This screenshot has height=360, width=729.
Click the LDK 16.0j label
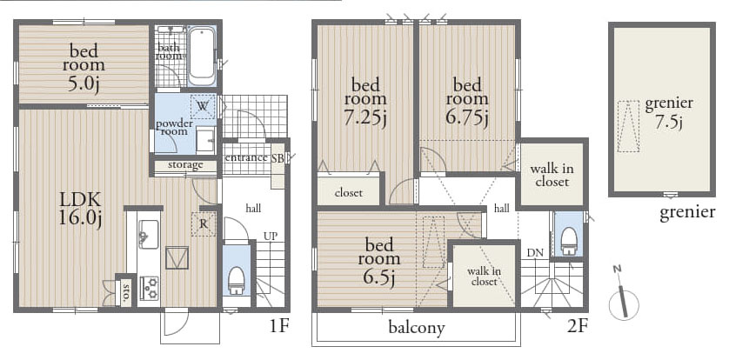tap(80, 209)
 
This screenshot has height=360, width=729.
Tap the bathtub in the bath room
tap(202, 56)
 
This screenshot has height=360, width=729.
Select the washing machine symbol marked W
tap(203, 106)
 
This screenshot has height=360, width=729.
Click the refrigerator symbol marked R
tap(204, 223)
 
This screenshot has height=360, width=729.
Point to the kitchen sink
tap(148, 234)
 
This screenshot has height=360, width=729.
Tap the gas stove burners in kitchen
tap(149, 288)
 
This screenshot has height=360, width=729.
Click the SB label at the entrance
tap(278, 157)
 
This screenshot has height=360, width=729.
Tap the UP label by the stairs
tap(271, 236)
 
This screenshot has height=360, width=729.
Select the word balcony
tap(417, 328)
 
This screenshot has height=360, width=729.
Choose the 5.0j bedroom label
tap(84, 85)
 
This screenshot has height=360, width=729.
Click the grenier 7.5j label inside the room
tap(669, 112)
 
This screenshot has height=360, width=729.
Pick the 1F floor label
tap(279, 327)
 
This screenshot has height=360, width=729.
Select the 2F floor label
tap(578, 327)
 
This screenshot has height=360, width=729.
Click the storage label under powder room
tap(185, 164)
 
